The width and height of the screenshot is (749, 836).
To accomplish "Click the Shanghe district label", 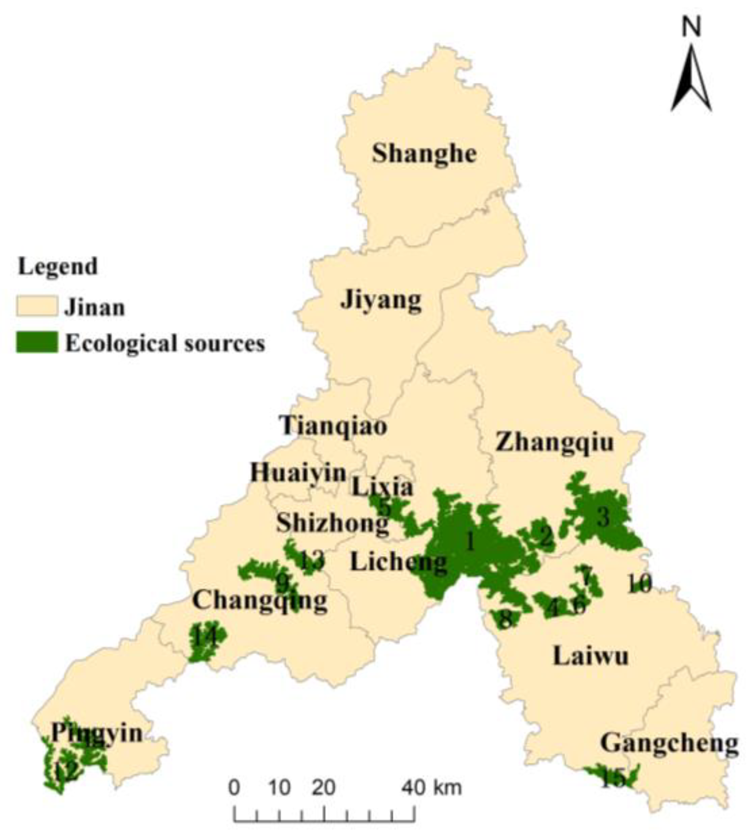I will tap(424, 154).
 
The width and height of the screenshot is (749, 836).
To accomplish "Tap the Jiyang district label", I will tap(380, 300).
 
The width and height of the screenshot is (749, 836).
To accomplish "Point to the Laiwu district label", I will tap(590, 656).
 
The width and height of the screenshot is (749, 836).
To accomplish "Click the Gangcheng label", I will tap(669, 744).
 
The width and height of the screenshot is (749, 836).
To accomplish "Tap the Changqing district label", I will tap(260, 601).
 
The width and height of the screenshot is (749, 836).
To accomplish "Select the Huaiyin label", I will tap(298, 473).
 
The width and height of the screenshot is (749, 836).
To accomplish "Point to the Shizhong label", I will tap(332, 524).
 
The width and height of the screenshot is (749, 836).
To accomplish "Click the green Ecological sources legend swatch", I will tap(37, 342).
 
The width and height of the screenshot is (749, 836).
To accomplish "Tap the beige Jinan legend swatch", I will tap(37, 306).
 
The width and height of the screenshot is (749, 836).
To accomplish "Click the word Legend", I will tap(58, 267).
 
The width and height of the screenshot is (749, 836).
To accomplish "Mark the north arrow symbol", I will tap(691, 77).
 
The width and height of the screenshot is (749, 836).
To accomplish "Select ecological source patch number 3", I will tap(603, 518).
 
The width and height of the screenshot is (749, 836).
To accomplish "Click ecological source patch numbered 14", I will tap(205, 636).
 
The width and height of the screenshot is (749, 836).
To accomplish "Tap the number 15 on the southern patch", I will tap(613, 778).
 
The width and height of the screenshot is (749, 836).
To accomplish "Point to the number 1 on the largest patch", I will tap(470, 541).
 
